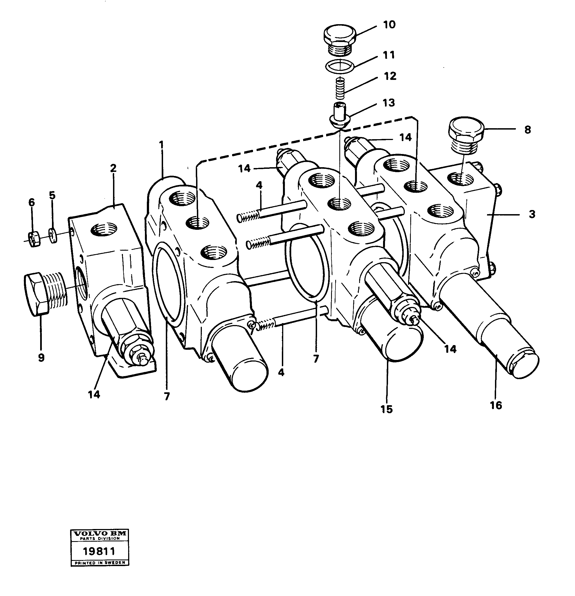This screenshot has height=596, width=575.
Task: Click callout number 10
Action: pos(389,24)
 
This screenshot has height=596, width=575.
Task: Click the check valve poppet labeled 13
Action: pos(339,115)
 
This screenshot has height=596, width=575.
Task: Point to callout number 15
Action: pos(386,409)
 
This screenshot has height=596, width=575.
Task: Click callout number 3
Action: pos(532,214)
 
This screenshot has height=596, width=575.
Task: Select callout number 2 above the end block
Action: pos(113,168)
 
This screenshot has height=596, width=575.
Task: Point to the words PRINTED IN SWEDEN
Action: pos(100,563)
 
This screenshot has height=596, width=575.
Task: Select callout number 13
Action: pos(389,103)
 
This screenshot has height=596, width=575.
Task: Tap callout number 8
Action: pos(527,130)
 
